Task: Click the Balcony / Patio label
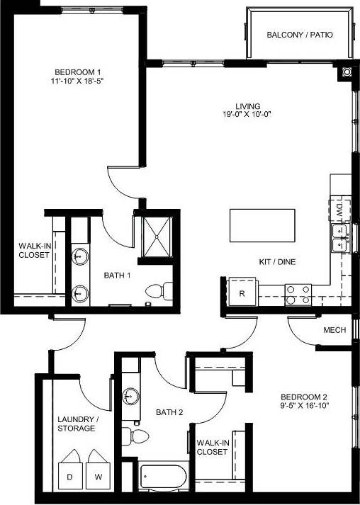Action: tap(300, 35)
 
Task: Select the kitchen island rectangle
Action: tap(262, 226)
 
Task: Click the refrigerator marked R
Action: tap(242, 293)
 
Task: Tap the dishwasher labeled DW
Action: tap(339, 210)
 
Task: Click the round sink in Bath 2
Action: tap(131, 396)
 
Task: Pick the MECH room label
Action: tap(334, 330)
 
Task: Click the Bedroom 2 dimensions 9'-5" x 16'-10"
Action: tap(305, 406)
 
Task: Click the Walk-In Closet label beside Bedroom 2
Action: tap(212, 446)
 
